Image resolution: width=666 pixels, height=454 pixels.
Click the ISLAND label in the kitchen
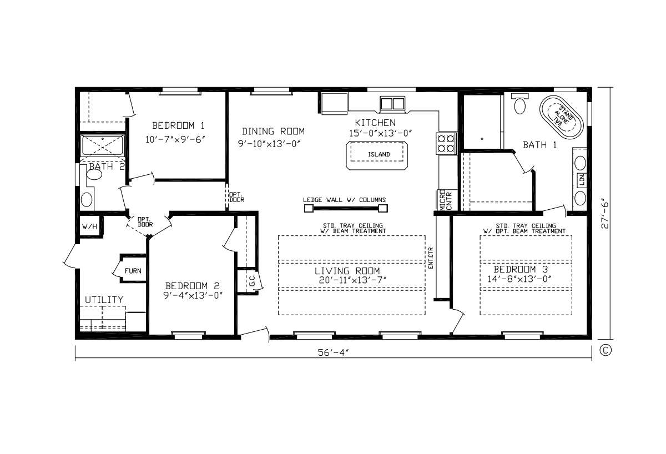[x=379, y=154]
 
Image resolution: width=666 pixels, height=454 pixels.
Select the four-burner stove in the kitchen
[x=446, y=143]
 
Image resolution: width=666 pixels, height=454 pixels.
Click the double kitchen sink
[x=392, y=104]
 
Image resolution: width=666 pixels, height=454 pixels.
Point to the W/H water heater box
[x=90, y=226]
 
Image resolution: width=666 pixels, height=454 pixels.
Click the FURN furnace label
[x=133, y=271]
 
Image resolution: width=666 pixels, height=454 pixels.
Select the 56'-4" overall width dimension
[x=333, y=352]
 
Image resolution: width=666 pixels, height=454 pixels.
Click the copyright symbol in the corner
[x=606, y=351]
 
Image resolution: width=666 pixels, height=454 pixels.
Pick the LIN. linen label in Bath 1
[x=582, y=180]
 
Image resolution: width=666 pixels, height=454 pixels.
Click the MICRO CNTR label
[x=446, y=200]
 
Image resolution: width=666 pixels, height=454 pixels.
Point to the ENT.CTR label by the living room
[x=431, y=258]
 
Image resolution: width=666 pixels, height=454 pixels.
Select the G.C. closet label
[x=252, y=281]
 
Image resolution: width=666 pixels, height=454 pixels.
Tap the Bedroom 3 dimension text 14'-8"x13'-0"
[x=519, y=279]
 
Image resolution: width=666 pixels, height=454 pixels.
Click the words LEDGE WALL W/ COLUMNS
[x=344, y=200]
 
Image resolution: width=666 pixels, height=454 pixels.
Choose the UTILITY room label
[x=104, y=300]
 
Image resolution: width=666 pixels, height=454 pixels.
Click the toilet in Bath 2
[x=94, y=174]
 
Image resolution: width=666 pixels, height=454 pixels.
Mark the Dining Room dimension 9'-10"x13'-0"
[x=269, y=144]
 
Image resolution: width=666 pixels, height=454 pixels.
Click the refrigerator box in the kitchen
[x=335, y=103]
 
